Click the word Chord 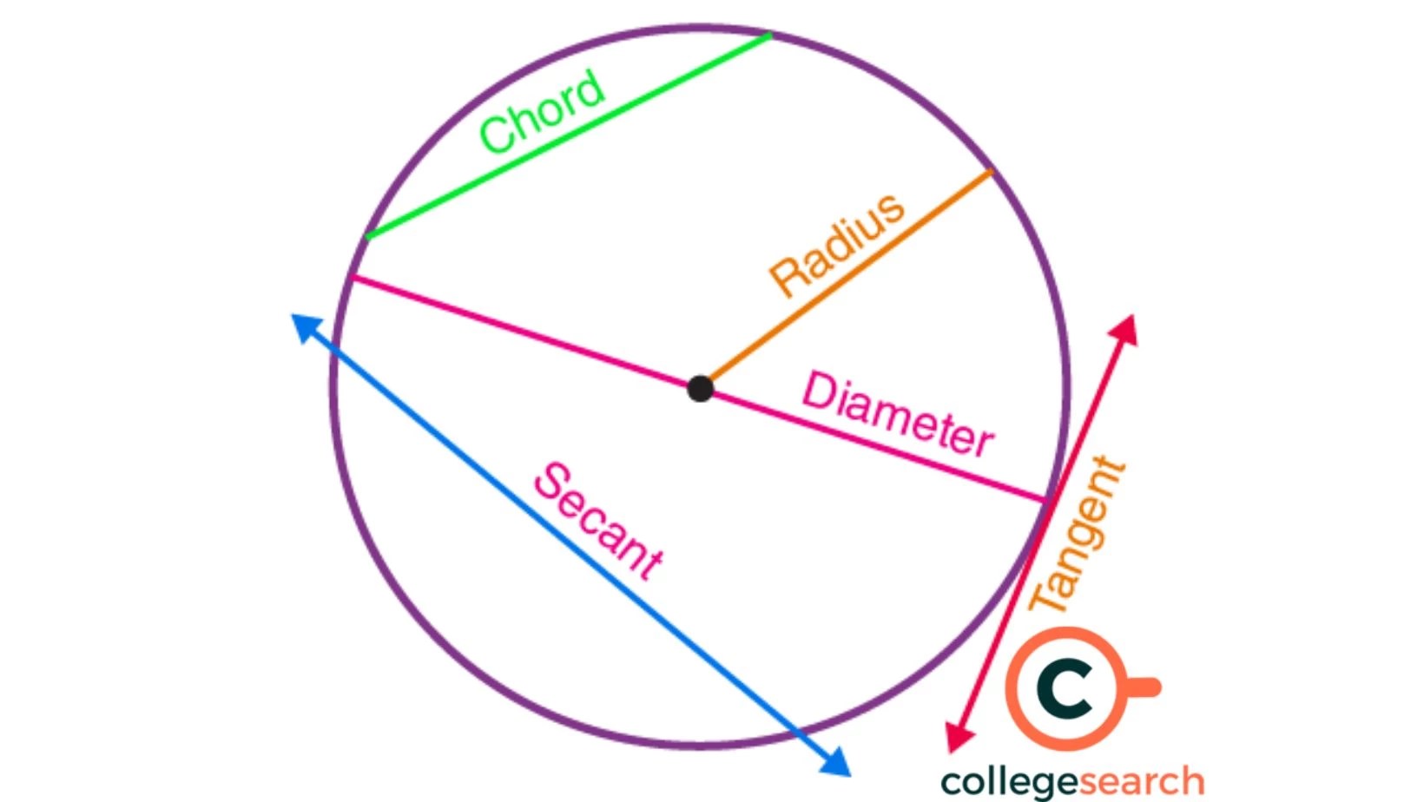[x=542, y=112]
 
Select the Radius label [x=837, y=246]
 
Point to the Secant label [x=598, y=521]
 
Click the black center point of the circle [x=700, y=388]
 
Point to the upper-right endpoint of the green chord [x=769, y=36]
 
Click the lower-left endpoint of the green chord [x=368, y=235]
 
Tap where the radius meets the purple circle [x=992, y=172]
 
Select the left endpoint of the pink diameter [x=351, y=277]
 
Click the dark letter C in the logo [x=1065, y=688]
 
